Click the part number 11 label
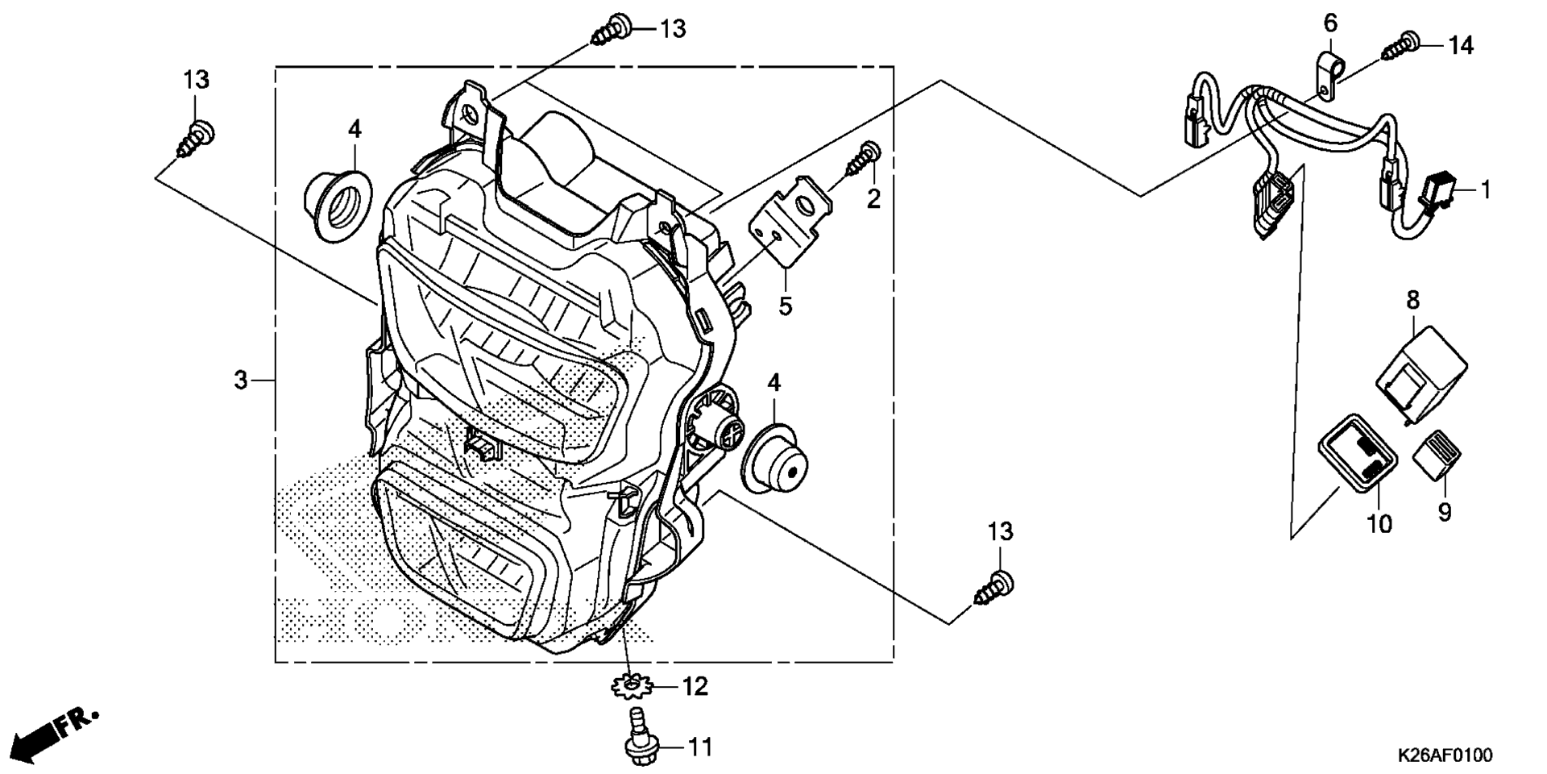pos(701,748)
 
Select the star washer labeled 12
pos(631,687)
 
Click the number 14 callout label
pos(1461,46)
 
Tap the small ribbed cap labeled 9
pos(1437,456)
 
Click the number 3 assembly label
pos(240,380)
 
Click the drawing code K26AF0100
pos(1444,755)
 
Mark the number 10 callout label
pos(1379,525)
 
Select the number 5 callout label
pos(785,306)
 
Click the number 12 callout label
pos(695,687)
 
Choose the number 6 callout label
pos(1330,24)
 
